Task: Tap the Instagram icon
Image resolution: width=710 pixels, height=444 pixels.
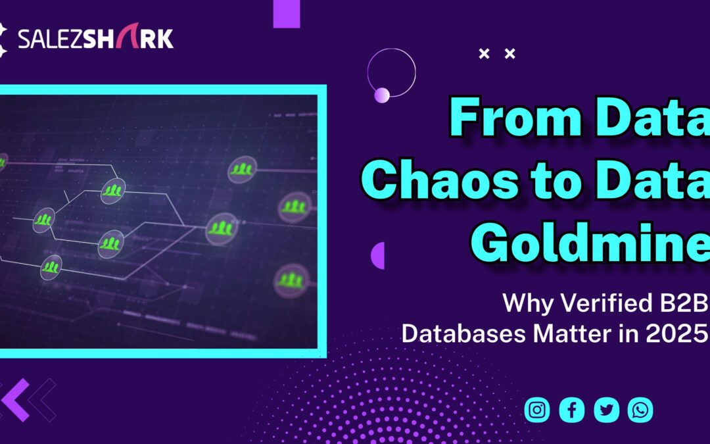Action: [x=537, y=410]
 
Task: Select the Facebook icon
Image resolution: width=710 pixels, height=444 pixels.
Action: [x=572, y=410]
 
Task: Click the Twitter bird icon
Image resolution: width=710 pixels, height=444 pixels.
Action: [x=607, y=410]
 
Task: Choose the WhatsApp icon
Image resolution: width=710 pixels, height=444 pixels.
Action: [x=640, y=410]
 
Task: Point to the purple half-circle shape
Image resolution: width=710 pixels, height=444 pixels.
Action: [x=378, y=255]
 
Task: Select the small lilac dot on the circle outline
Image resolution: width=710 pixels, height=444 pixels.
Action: [x=382, y=95]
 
